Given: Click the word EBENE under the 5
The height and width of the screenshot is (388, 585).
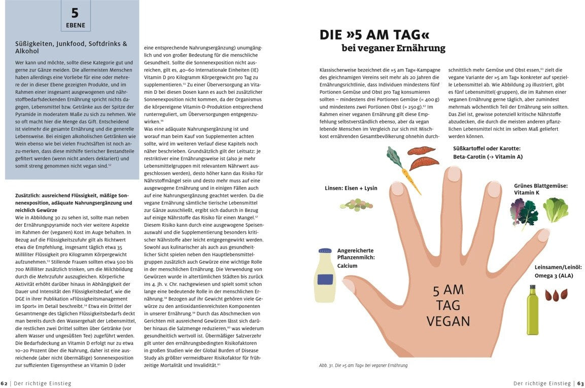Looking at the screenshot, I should (x=76, y=25).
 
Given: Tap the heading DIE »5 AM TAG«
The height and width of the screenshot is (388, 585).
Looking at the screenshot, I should (x=374, y=34).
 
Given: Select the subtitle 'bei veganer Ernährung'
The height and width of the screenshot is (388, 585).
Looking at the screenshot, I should (x=393, y=49).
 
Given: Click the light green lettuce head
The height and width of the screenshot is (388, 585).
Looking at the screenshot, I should (x=556, y=210).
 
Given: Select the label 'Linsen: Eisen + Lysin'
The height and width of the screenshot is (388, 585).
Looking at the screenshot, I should (x=351, y=188).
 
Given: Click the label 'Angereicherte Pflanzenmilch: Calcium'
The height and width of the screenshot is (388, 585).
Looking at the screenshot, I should (x=356, y=257).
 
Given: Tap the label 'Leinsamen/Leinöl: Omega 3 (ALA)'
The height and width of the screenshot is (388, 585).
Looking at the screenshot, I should (x=558, y=271).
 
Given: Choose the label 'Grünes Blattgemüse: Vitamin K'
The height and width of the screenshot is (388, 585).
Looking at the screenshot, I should (x=540, y=189).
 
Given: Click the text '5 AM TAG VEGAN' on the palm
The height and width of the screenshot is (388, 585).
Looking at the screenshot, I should (x=448, y=305).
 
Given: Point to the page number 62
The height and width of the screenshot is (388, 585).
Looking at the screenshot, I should (x=4, y=383).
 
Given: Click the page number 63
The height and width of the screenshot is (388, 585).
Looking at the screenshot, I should (x=580, y=383).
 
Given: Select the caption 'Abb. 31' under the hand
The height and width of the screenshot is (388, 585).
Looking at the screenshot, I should (x=363, y=365).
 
